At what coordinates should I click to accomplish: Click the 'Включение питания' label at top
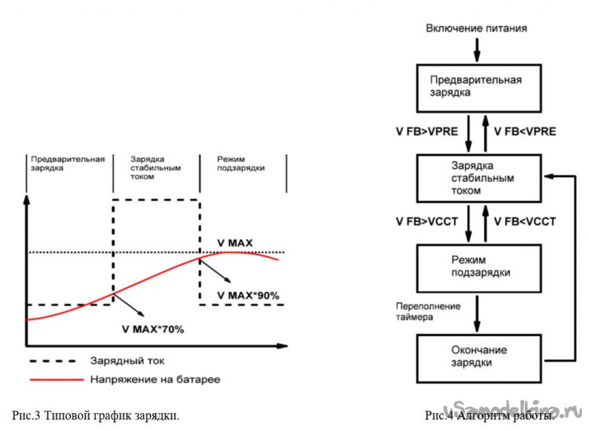click(476, 28)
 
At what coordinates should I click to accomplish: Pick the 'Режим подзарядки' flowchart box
click(477, 267)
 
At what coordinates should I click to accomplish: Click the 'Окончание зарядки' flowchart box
click(477, 356)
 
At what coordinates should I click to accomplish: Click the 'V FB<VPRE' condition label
click(525, 132)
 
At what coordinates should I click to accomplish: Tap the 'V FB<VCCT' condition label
click(525, 223)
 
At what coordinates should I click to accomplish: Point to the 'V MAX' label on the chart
click(234, 243)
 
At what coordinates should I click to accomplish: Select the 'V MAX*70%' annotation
click(152, 329)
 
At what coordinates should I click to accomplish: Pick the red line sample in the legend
click(56, 379)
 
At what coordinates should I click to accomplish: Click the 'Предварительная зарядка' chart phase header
click(68, 164)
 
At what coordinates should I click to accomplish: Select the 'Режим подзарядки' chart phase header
click(241, 164)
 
